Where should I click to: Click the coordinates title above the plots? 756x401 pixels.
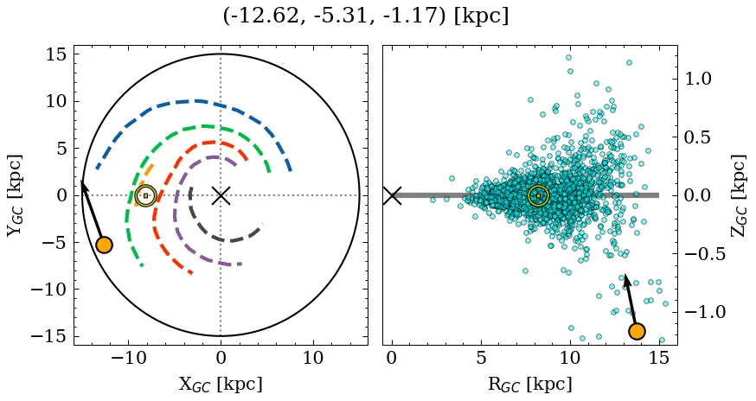365,16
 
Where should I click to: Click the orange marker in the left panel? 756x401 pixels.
104,245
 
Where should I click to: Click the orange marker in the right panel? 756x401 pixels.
637,331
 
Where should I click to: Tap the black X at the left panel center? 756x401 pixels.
221,195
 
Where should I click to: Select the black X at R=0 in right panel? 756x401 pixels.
392,195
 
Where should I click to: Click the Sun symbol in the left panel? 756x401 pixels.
145,195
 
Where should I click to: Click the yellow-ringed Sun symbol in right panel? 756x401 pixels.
538,195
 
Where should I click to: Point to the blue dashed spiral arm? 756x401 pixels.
199,101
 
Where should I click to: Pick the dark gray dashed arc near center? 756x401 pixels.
227,239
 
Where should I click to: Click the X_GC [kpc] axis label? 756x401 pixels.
220,385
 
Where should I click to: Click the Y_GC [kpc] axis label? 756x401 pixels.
15,195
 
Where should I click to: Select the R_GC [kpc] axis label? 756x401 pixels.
529,385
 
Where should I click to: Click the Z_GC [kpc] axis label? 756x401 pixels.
738,195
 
